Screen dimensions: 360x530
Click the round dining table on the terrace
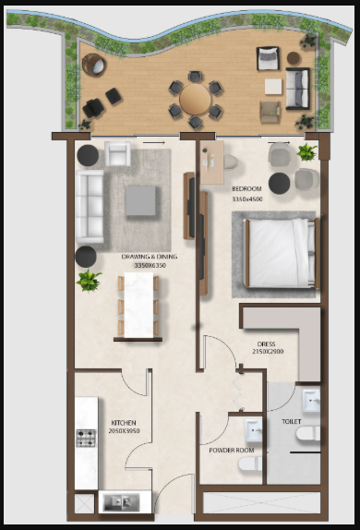[196, 100]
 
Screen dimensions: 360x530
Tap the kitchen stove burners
[86, 438]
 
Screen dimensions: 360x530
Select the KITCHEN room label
[124, 423]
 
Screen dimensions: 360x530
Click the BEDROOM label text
[246, 188]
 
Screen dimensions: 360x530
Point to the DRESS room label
[267, 344]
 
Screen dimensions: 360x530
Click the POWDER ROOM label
[232, 451]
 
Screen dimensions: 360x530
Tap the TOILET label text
[292, 421]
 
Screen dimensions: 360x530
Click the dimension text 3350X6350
[150, 265]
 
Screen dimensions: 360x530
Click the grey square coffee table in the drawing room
[140, 200]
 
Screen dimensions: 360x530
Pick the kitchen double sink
[121, 502]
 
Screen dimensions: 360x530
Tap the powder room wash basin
[254, 430]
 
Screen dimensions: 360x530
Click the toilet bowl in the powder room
[250, 464]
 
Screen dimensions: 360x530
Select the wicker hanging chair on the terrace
[93, 65]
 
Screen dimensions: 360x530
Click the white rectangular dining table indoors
[138, 305]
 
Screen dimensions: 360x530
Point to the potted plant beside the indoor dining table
[89, 281]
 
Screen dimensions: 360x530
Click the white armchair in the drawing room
[117, 154]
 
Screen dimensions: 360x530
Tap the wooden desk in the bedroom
[212, 163]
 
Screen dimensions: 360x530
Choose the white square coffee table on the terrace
[273, 87]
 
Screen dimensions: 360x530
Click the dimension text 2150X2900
[268, 352]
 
